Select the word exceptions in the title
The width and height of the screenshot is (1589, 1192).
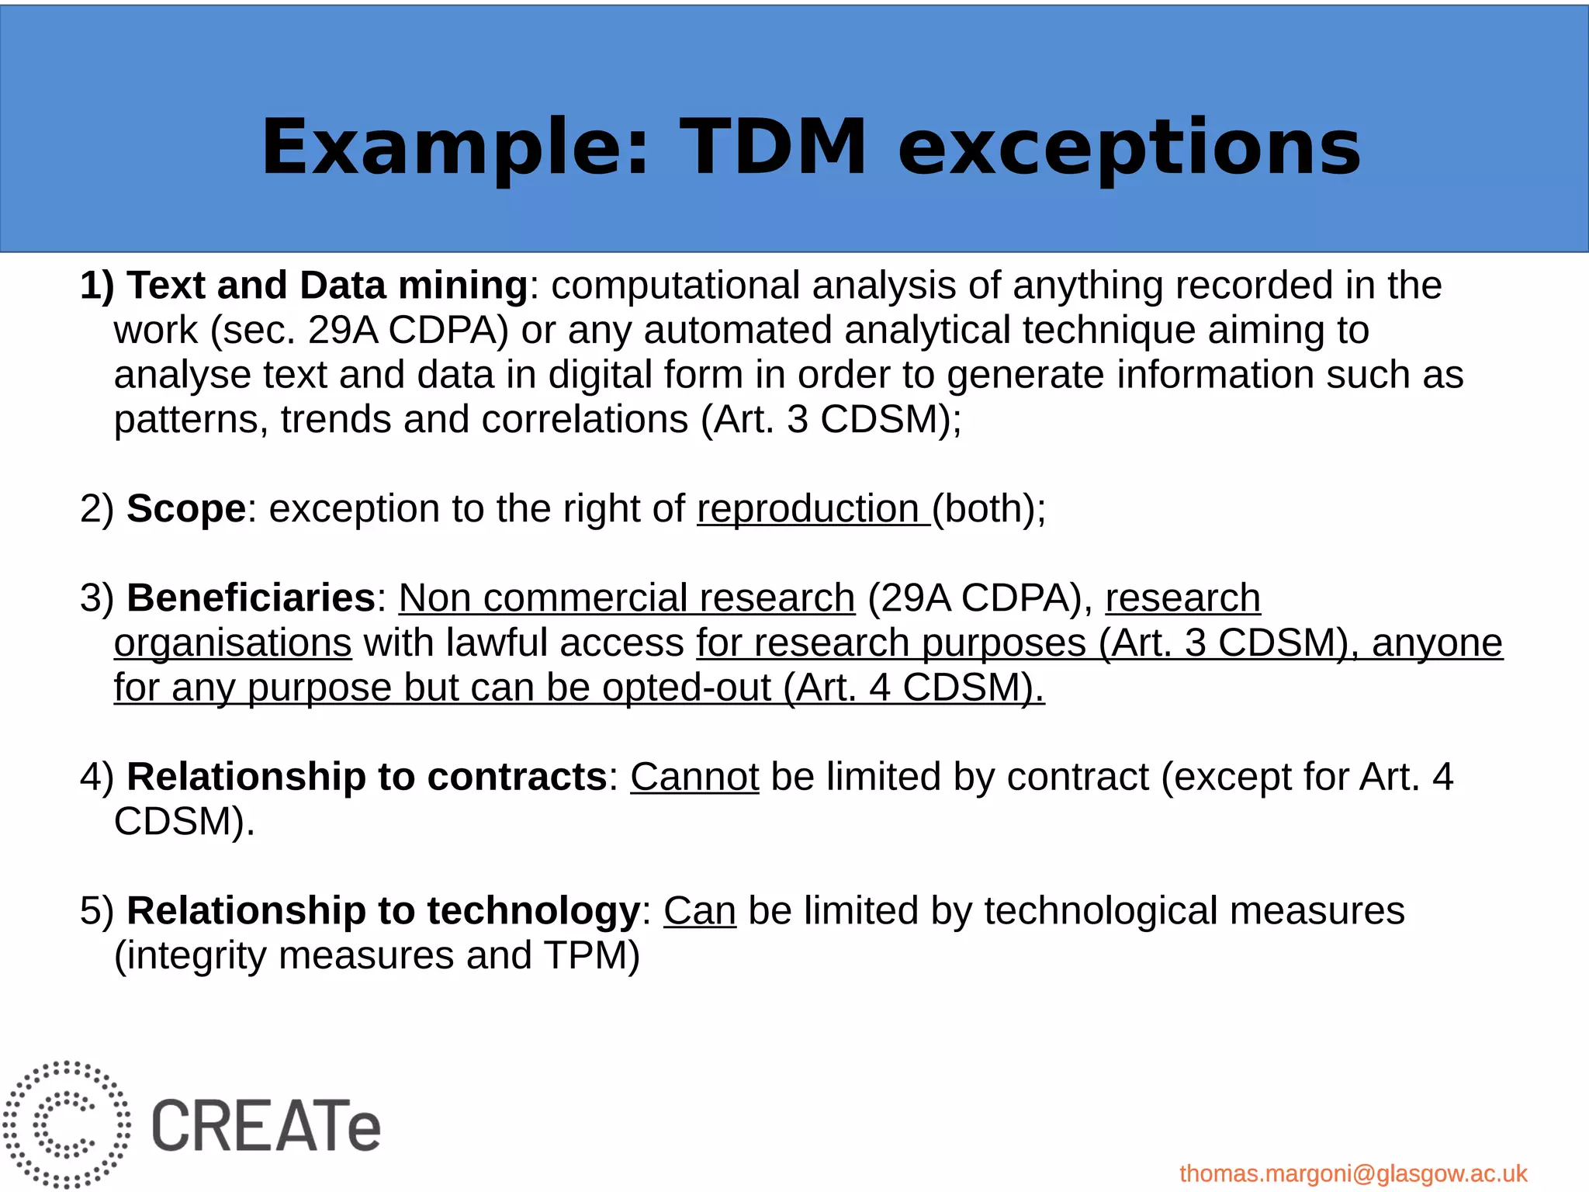click(x=1129, y=147)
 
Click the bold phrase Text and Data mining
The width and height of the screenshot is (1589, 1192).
click(x=327, y=286)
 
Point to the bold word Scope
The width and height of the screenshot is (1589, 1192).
click(x=186, y=509)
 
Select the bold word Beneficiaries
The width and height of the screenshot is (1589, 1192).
click(x=251, y=598)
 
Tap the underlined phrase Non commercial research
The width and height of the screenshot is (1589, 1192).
click(x=626, y=598)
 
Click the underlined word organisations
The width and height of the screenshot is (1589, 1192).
click(x=233, y=643)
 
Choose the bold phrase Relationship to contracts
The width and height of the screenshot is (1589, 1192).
click(x=366, y=777)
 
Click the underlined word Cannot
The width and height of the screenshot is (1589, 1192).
click(x=694, y=777)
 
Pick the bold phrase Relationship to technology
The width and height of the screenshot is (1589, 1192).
click(x=383, y=911)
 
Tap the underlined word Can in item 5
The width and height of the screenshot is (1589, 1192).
click(x=699, y=911)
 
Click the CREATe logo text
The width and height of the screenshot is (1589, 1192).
click(x=266, y=1125)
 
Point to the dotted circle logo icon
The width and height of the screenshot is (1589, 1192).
click(x=67, y=1124)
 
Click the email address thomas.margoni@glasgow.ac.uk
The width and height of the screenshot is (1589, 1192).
click(x=1353, y=1173)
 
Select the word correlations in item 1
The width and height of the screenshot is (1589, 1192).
click(x=584, y=420)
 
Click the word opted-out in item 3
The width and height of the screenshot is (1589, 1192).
click(x=686, y=688)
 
